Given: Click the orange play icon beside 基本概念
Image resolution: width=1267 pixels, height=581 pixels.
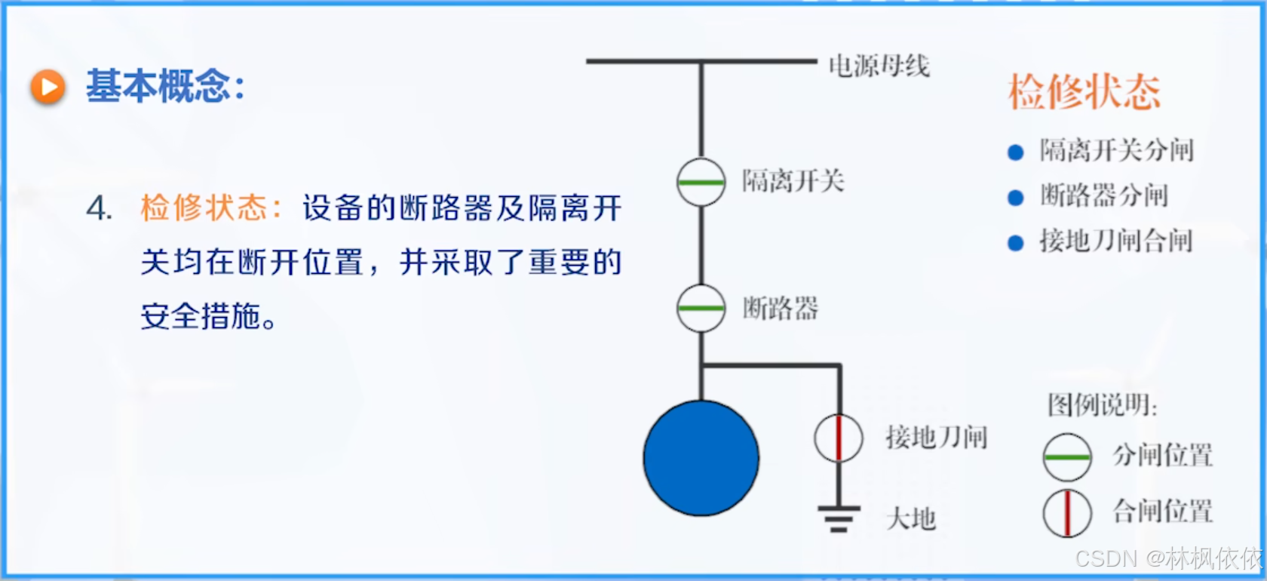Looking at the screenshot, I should (x=48, y=87).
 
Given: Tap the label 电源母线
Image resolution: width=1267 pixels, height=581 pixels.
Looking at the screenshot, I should (x=879, y=66).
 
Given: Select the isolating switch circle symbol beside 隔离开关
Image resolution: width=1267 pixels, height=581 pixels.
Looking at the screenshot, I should (x=701, y=182).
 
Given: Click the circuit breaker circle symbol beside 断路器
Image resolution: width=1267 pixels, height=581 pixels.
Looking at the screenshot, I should (x=701, y=308).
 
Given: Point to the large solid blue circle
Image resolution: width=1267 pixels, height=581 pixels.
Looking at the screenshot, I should (x=701, y=458).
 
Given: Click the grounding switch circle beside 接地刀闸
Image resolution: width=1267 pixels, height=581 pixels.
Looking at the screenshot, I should (x=839, y=438).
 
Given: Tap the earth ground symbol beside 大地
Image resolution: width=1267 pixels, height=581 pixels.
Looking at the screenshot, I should (x=839, y=518).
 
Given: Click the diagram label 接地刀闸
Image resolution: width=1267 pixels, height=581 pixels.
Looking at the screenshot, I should (x=936, y=438).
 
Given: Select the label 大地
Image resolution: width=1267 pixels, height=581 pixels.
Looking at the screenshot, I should (x=911, y=519).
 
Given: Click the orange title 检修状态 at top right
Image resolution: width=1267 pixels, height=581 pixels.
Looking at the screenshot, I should (x=1084, y=92).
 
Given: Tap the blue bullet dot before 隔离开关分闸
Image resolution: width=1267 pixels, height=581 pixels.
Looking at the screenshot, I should (x=1016, y=152).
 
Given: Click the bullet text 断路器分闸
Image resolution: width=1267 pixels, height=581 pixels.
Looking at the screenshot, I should (x=1103, y=196).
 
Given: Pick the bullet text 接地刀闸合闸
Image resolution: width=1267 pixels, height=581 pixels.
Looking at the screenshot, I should (x=1115, y=241).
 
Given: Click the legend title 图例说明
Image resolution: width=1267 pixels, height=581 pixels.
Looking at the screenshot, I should (x=1102, y=406).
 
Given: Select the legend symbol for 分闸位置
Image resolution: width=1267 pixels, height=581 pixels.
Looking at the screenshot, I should (x=1067, y=457).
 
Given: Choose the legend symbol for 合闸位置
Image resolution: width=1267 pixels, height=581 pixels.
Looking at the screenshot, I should (x=1067, y=513).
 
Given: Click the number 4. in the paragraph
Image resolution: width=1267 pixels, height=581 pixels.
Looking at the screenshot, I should (x=100, y=208).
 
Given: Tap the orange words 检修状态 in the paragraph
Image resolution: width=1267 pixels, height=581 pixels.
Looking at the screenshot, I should (x=204, y=208).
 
